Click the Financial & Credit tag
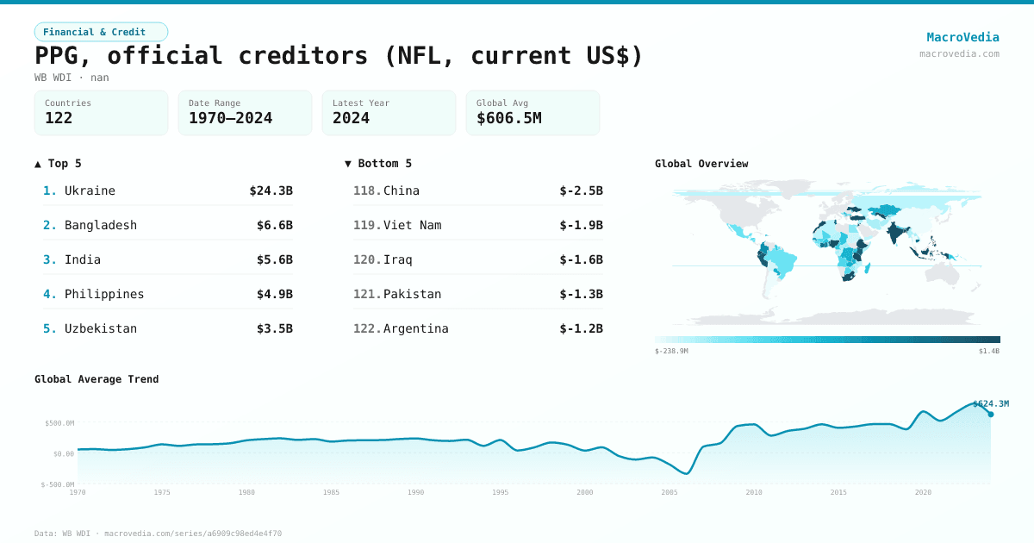click(101, 32)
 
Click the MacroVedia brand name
click(962, 37)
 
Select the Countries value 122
click(59, 118)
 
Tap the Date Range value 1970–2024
click(230, 118)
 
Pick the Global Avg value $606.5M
click(508, 118)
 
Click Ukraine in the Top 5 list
click(90, 190)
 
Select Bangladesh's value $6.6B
click(274, 225)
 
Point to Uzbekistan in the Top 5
click(100, 328)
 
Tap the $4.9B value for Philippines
click(274, 294)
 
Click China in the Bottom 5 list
click(401, 190)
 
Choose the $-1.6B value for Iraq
click(581, 259)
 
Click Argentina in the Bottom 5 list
click(415, 328)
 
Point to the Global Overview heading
click(701, 164)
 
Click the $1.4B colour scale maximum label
click(988, 351)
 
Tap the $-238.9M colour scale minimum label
click(671, 351)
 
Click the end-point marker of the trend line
click(990, 415)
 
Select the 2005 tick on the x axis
click(670, 492)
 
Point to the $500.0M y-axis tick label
click(59, 423)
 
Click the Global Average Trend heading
click(97, 379)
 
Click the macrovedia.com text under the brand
click(959, 53)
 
